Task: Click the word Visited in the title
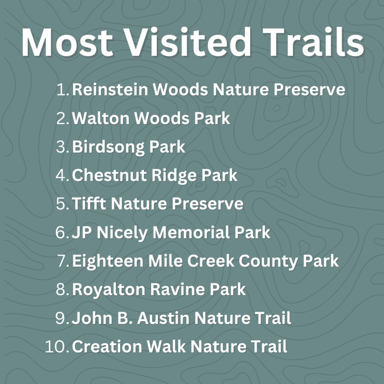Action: tap(188, 42)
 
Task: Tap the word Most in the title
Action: tap(67, 42)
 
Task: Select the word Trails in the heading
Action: tap(313, 42)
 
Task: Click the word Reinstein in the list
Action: tap(110, 89)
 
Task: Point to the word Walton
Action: tap(101, 118)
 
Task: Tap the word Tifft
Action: tap(89, 204)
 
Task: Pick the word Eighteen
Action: tap(108, 261)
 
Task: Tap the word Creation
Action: tap(107, 346)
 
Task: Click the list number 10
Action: tap(57, 347)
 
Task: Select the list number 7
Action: tap(63, 261)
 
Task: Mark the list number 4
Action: tap(63, 175)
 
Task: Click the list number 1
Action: tap(63, 89)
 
